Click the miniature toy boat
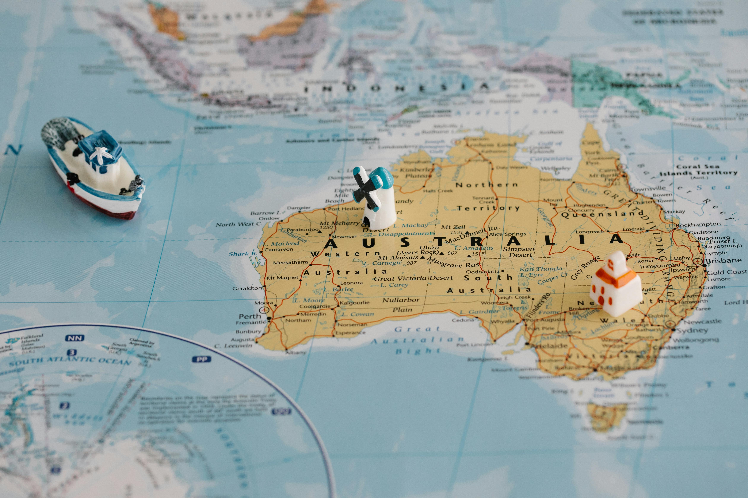click(x=92, y=168)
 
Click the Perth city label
click(x=250, y=316)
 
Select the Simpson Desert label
click(x=518, y=252)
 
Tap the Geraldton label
click(x=247, y=288)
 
